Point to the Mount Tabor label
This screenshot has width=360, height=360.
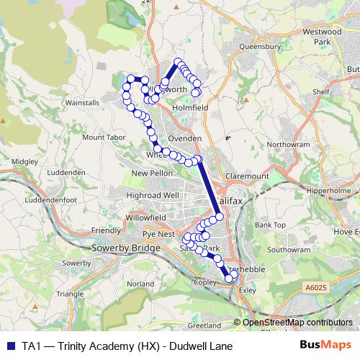[x=104, y=137]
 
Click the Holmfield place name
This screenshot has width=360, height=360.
[x=190, y=109]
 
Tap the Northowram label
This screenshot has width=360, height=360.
[x=288, y=144]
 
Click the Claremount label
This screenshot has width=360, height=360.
[x=246, y=176]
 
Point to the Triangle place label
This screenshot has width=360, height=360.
[x=70, y=294]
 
